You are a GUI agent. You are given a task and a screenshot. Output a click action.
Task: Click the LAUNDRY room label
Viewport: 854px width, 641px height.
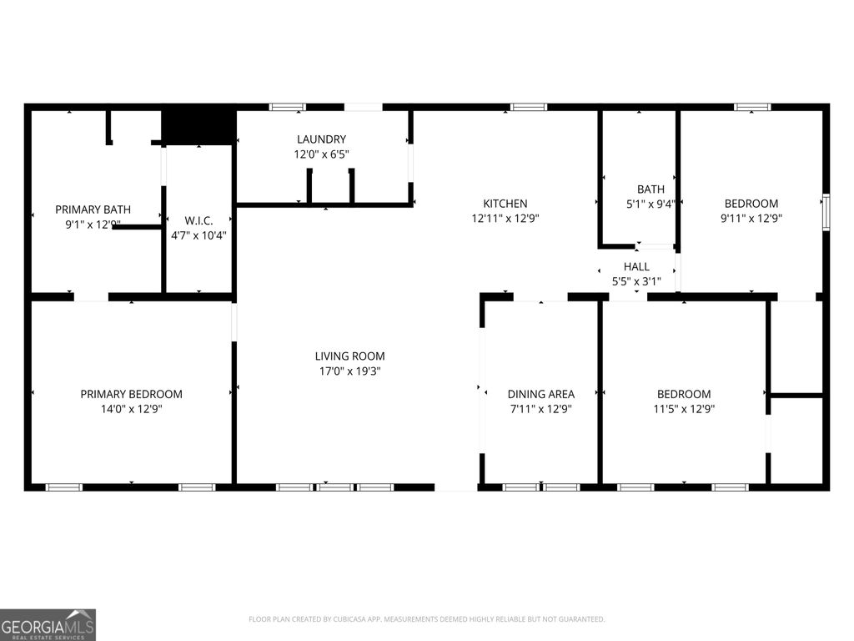coord(321,139)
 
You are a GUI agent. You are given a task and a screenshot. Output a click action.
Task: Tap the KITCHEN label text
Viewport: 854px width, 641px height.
coord(505,204)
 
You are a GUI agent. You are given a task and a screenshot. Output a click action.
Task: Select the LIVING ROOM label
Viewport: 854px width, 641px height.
coord(349,356)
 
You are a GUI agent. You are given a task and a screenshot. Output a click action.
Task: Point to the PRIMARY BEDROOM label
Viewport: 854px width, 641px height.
coord(131,394)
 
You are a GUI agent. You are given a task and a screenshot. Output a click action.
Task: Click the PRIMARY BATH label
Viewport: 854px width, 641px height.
coord(93,209)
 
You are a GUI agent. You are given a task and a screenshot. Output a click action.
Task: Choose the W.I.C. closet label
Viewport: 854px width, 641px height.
coord(198,220)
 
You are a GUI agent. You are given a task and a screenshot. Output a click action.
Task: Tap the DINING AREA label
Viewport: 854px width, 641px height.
coord(540,394)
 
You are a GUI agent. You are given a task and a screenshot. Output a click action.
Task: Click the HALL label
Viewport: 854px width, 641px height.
coord(636,267)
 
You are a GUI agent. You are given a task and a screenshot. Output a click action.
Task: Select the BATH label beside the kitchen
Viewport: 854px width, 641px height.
coord(651,189)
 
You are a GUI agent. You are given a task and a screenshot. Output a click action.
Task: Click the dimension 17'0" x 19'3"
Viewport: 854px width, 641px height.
coord(349,371)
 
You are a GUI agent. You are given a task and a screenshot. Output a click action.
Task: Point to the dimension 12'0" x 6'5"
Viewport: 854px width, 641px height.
coord(321,154)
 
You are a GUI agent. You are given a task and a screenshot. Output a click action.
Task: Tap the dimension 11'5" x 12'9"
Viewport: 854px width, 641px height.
coord(684,409)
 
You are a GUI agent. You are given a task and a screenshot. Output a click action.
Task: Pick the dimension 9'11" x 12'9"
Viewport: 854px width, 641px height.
coord(751,219)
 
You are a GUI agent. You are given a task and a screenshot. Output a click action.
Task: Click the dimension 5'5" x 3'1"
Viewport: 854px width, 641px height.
coord(636,282)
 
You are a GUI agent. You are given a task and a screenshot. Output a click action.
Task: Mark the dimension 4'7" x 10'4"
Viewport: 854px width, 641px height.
coord(198,235)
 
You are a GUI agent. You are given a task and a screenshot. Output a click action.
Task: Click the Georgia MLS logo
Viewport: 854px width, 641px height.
coord(48,624)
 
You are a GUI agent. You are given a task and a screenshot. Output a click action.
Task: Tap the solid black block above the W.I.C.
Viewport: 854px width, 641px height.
coord(198,124)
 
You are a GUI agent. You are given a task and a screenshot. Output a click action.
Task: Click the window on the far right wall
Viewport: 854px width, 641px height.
coord(826,210)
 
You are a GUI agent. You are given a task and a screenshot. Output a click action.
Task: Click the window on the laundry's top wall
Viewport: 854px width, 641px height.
coord(287,107)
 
